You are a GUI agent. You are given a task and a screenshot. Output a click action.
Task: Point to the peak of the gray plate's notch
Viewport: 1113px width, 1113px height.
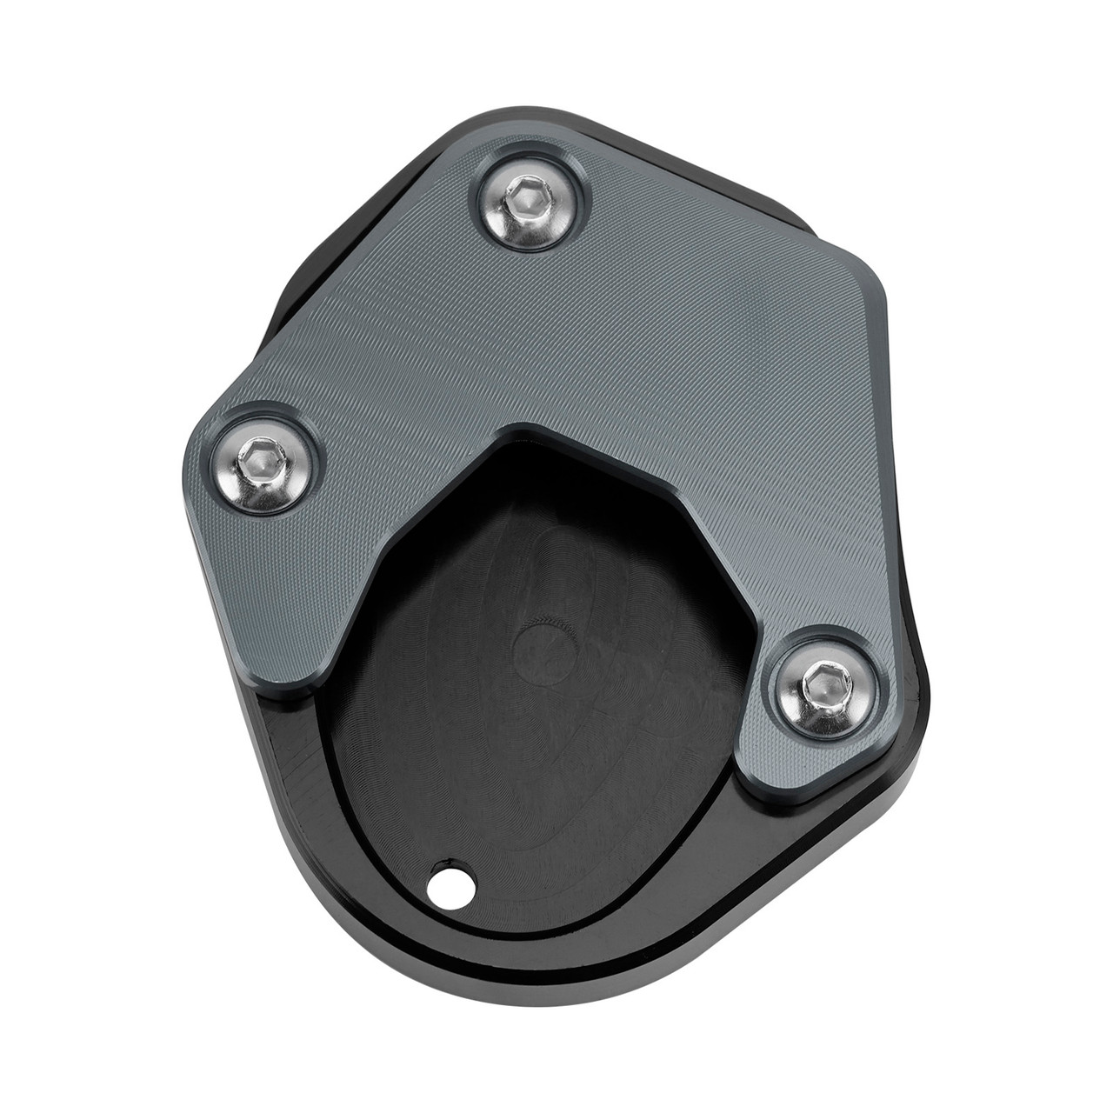pos(522,428)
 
